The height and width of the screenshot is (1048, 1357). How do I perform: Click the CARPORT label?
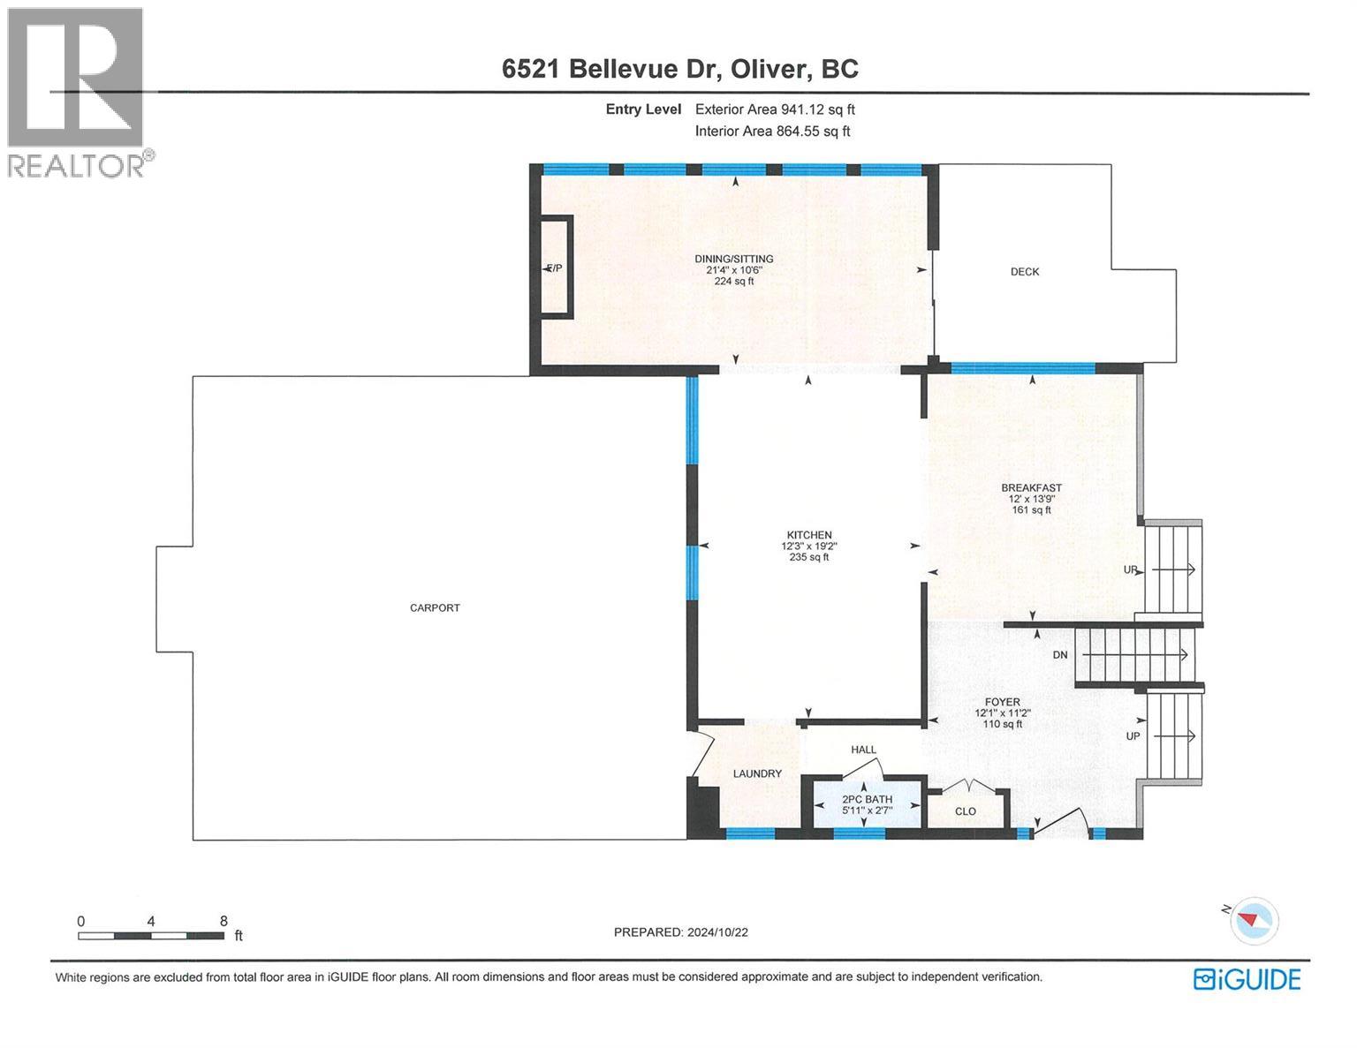tap(435, 607)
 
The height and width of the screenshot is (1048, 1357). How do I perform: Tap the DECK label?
tap(1025, 271)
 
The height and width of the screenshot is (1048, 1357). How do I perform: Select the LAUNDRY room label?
tap(757, 773)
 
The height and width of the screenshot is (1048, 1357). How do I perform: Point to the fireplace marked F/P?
tap(555, 268)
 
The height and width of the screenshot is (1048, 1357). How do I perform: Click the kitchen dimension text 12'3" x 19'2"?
tap(809, 546)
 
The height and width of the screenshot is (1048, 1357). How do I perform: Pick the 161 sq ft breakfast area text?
tap(1031, 509)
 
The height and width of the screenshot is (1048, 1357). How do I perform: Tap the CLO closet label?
tap(966, 811)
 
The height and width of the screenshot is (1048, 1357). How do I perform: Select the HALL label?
tap(863, 750)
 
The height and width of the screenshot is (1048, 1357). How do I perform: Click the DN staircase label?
tap(1060, 655)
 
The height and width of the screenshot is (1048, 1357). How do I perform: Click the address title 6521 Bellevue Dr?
tap(612, 69)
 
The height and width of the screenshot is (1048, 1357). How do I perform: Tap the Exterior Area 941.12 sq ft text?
tap(775, 109)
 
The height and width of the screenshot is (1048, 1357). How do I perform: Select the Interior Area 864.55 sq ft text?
tap(772, 132)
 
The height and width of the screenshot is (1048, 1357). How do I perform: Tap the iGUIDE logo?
tap(1247, 979)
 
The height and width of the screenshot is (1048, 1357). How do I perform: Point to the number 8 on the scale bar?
tap(224, 920)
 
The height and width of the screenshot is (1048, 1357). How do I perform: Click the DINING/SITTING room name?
tap(733, 259)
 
